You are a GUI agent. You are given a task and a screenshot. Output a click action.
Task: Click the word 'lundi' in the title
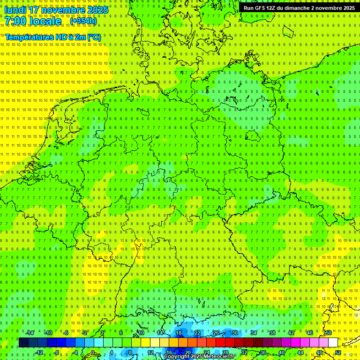pyautogui.click(x=15, y=10)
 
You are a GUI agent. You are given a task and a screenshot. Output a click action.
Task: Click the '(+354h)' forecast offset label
pyautogui.click(x=83, y=21)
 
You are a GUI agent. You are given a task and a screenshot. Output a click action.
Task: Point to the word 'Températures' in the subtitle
pyautogui.click(x=28, y=37)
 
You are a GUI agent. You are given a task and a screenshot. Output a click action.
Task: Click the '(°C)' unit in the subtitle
pyautogui.click(x=94, y=37)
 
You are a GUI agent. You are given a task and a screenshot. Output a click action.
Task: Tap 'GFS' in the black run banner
pyautogui.click(x=260, y=8)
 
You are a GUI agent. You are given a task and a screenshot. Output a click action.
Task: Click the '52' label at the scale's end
pyautogui.click(x=338, y=352)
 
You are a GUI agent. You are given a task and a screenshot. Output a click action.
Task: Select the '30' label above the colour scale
pyautogui.click(x=235, y=333)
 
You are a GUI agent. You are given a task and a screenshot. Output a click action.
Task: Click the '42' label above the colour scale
pyautogui.click(x=291, y=333)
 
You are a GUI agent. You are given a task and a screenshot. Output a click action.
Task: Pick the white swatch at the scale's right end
pyautogui.click(x=333, y=343)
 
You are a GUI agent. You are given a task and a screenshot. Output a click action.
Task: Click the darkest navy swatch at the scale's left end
pyautogui.click(x=23, y=343)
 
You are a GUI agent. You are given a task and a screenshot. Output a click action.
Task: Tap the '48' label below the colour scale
pyautogui.click(x=319, y=352)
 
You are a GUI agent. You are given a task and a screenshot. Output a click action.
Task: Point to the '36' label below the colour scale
pyautogui.click(x=262, y=352)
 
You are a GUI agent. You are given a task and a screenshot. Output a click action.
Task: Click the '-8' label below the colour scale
pyautogui.click(x=57, y=352)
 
